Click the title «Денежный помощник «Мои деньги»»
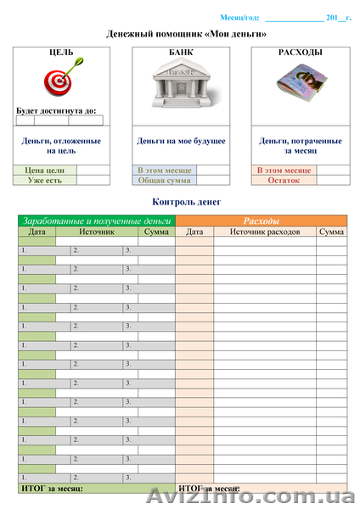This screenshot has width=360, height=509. tap(186, 34)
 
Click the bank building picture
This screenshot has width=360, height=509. tap(181, 86)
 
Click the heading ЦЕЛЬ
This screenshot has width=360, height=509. tap(61, 53)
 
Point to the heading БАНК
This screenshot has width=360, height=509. tap(181, 53)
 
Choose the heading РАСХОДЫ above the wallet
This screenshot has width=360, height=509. tap(300, 53)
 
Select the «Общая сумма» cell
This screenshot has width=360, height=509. tap(165, 180)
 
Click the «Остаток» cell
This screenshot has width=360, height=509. tap(284, 180)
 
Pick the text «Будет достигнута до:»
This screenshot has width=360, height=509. tap(56, 110)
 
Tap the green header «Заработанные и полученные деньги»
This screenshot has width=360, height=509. tap(96, 221)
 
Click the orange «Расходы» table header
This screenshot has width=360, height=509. tap(261, 221)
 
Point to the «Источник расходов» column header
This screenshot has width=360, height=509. tap(264, 231)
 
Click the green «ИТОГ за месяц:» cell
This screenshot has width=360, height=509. tap(53, 489)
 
